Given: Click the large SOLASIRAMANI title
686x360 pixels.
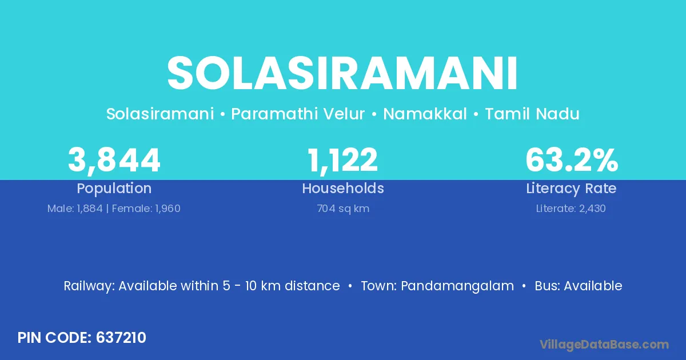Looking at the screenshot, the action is tap(342, 73).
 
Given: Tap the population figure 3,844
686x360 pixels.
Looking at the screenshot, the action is tap(114, 161).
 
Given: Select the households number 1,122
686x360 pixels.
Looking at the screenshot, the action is tap(342, 161).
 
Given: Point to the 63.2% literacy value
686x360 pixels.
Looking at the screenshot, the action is tap(572, 160).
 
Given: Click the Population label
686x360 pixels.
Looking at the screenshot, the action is tap(114, 189).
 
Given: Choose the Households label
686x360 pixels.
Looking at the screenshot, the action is tap(343, 188).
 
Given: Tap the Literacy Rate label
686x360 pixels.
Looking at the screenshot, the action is tap(571, 189).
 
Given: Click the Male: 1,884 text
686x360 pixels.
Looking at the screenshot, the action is tap(75, 209).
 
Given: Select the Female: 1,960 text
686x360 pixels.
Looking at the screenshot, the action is tap(146, 209).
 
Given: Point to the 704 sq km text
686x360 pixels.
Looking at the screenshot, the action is tap(343, 209).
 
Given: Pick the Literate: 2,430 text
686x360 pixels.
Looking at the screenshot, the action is tap(571, 209).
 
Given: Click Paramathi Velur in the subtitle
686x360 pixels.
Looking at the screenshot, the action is tap(298, 114).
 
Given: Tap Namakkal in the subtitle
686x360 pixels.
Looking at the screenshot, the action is tap(425, 114).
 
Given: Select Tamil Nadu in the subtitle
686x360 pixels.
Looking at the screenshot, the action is tap(532, 114).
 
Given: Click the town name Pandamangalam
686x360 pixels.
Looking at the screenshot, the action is tap(457, 286).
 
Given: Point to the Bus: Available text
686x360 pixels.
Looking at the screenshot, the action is tap(579, 286).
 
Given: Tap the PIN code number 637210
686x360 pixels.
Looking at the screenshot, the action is tap(121, 338).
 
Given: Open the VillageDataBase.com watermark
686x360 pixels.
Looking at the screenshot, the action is tap(604, 345).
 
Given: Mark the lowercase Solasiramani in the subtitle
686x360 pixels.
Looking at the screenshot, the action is tap(160, 114).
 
